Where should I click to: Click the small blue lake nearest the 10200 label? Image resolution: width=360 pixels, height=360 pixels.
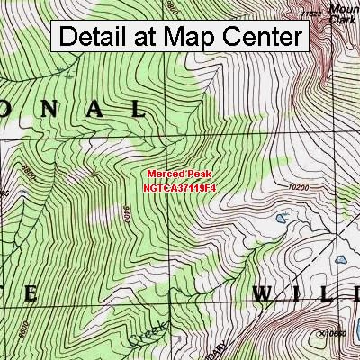point(282,218)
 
